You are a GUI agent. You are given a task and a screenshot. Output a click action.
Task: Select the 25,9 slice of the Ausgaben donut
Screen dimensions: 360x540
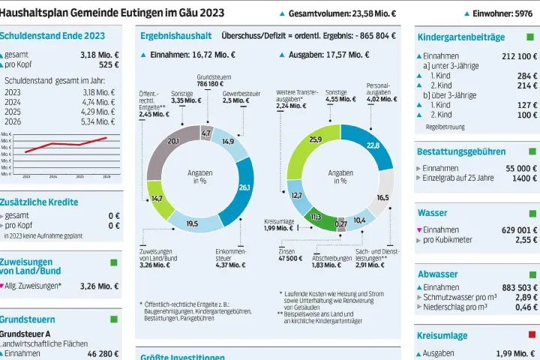click(x=314, y=140)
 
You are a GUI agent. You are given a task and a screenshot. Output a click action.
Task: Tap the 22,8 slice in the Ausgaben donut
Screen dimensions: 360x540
click(x=373, y=145)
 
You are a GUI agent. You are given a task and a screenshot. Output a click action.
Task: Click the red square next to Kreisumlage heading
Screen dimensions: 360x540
click(x=532, y=334)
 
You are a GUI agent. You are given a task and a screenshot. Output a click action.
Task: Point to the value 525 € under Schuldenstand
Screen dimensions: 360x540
click(x=109, y=64)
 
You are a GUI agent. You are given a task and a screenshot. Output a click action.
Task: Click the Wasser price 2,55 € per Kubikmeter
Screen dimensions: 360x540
click(x=525, y=240)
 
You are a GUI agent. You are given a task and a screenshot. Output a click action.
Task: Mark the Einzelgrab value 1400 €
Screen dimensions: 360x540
click(x=524, y=178)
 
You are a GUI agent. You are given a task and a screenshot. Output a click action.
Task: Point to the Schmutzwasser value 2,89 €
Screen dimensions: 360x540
click(x=525, y=297)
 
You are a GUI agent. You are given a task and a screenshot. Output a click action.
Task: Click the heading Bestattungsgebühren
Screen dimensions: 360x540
click(x=460, y=151)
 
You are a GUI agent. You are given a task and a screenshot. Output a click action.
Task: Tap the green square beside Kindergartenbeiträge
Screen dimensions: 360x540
click(x=532, y=37)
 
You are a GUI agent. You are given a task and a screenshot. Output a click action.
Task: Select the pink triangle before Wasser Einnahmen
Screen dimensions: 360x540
click(x=419, y=230)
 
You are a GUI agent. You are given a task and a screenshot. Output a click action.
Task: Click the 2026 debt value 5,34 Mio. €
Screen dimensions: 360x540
click(x=98, y=121)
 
